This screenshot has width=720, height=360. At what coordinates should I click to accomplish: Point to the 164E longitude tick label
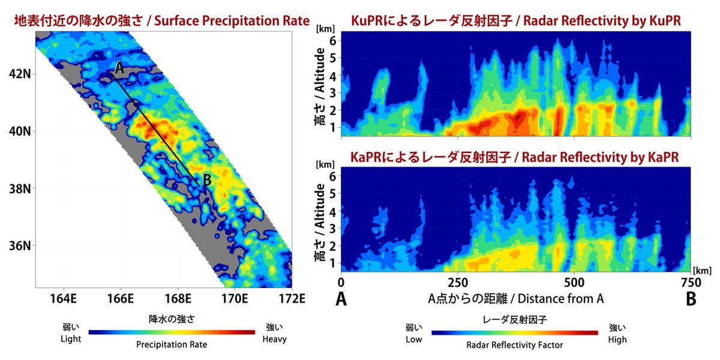[63, 298]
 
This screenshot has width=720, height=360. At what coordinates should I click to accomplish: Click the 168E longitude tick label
[177, 298]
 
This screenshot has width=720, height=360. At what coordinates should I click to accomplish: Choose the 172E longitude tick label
[291, 298]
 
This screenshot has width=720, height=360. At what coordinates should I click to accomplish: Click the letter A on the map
[119, 69]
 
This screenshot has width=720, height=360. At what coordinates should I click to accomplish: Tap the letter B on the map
[206, 179]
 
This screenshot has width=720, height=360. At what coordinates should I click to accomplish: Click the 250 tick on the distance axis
[457, 282]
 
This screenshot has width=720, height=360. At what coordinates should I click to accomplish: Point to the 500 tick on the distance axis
[574, 282]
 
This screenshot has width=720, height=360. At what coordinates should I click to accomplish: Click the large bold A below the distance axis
[341, 298]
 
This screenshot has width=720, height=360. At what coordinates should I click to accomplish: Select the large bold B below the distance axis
[691, 298]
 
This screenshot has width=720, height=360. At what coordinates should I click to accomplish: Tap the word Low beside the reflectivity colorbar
[414, 340]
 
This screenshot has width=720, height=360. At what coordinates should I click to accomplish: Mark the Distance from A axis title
[515, 298]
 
